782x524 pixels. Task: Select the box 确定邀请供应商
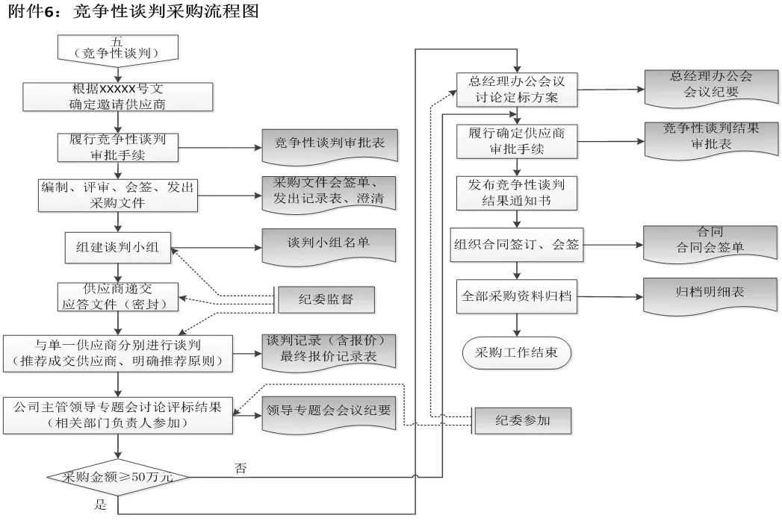[118, 97]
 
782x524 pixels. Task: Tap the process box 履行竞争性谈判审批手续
[117, 147]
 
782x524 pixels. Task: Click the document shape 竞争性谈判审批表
[329, 145]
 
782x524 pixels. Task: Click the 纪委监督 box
[326, 300]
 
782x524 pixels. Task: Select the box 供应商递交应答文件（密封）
[117, 296]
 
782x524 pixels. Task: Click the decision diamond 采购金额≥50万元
[118, 477]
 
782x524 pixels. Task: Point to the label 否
[241, 469]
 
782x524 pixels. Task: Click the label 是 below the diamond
[100, 504]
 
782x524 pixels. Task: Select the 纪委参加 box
[522, 420]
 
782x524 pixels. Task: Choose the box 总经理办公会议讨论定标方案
[516, 90]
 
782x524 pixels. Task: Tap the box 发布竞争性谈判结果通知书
[516, 193]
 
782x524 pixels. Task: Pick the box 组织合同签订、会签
[516, 245]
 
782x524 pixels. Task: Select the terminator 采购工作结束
[516, 353]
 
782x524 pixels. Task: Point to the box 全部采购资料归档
[516, 296]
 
